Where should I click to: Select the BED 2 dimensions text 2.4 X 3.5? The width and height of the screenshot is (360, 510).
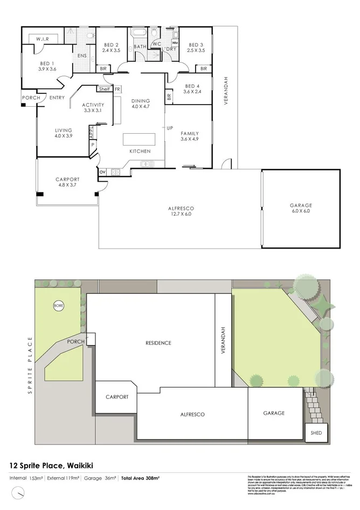[x=111, y=50]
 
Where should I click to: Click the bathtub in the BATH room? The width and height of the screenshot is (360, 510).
[x=140, y=34]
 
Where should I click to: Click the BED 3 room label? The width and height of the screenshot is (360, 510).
[x=196, y=44]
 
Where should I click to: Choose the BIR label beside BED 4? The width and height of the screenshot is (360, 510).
[x=169, y=97]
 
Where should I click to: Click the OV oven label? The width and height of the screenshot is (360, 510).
[x=102, y=172]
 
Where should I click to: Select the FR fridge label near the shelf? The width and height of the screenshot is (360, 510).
[x=117, y=89]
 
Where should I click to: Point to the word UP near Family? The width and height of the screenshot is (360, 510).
[x=170, y=128]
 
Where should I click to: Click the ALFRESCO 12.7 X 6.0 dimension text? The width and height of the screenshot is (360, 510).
[x=182, y=215]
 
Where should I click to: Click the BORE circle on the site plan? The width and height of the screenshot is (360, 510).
[x=58, y=306]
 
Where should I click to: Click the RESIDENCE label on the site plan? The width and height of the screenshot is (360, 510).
[x=158, y=343]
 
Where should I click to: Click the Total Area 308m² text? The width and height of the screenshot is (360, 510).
[x=139, y=478]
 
